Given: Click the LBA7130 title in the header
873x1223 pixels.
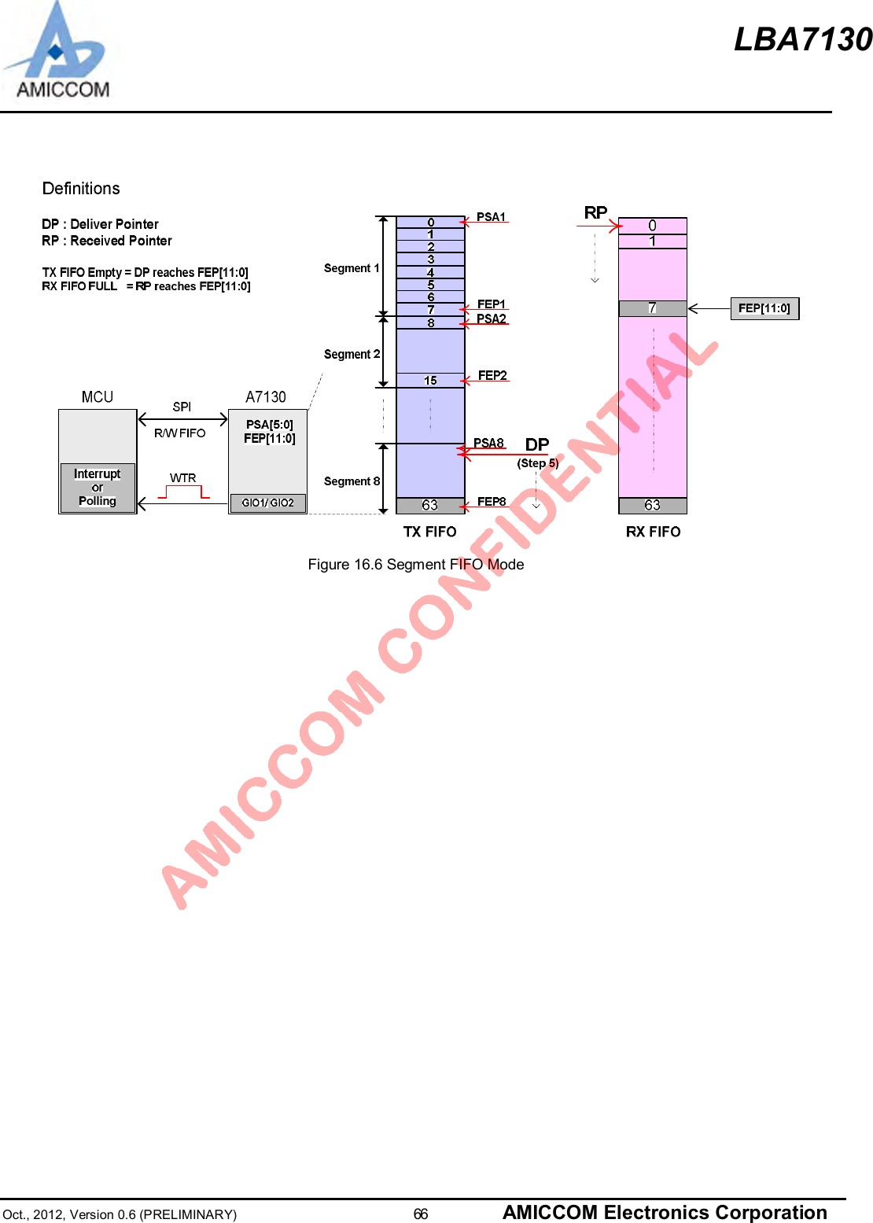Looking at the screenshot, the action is coord(802,39).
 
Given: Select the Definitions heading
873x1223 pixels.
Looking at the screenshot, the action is coord(81,189).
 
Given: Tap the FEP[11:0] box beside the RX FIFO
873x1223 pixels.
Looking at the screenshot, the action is coord(764,308).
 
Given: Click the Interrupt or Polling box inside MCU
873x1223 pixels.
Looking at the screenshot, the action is coord(98,488).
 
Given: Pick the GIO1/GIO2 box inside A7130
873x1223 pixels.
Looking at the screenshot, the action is coord(267,503).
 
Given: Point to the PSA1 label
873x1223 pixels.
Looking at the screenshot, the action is coord(491,217).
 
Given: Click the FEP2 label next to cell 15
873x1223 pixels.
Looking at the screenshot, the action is coord(492,376).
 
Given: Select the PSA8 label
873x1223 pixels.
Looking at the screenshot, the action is coord(488,444).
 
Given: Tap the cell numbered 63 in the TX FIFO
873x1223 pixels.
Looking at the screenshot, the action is coord(430,505).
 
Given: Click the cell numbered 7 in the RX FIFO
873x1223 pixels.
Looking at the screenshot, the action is coord(653,308).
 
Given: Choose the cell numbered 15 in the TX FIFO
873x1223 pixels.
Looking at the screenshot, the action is coord(430,381).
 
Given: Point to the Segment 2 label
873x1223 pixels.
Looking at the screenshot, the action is coord(352,355).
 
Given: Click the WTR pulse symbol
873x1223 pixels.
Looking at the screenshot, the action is coord(184,492).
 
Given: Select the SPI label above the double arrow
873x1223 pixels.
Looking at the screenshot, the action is coord(182,407).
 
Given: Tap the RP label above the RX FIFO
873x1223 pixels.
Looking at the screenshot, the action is coord(595,213).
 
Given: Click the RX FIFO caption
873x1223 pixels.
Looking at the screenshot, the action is coord(653,532).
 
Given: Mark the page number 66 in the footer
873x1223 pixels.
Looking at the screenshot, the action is coord(421,1214).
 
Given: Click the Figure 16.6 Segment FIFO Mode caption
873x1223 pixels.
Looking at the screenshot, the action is coord(415,565).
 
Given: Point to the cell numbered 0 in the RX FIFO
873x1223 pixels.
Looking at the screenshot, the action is coord(653,226).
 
